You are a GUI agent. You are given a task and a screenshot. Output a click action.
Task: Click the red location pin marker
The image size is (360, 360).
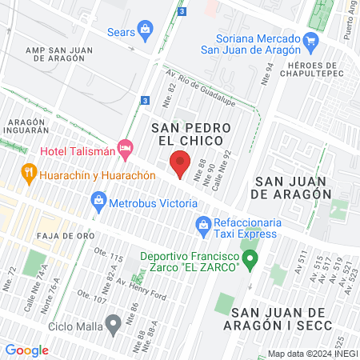(x=180, y=162)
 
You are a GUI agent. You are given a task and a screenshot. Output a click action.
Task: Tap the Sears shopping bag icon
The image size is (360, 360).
(x=145, y=32)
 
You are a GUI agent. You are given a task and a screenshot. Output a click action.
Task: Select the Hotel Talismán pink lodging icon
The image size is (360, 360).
(x=124, y=148)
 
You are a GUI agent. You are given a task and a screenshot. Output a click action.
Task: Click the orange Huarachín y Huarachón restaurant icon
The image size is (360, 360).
(x=29, y=171)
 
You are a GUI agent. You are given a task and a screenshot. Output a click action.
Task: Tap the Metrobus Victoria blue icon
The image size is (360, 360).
(x=100, y=199)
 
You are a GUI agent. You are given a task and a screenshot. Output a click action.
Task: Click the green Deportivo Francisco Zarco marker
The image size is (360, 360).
(x=250, y=259)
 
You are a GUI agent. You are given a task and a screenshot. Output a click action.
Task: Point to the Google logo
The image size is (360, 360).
(x=26, y=350)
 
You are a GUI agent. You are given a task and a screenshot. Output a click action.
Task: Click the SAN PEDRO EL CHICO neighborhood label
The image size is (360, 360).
(x=191, y=134)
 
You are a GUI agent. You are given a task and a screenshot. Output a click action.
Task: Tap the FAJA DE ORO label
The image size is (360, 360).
(x=65, y=236)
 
